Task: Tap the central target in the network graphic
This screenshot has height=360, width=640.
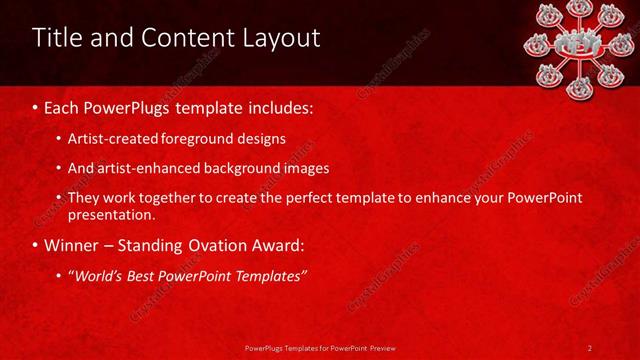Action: tap(581, 43)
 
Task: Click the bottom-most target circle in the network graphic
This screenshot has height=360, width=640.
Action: tap(580, 87)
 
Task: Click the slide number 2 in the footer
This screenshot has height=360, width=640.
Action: tap(590, 347)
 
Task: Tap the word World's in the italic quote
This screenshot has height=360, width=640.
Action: tap(98, 274)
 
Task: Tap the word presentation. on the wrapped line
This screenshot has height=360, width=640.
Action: tap(111, 214)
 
